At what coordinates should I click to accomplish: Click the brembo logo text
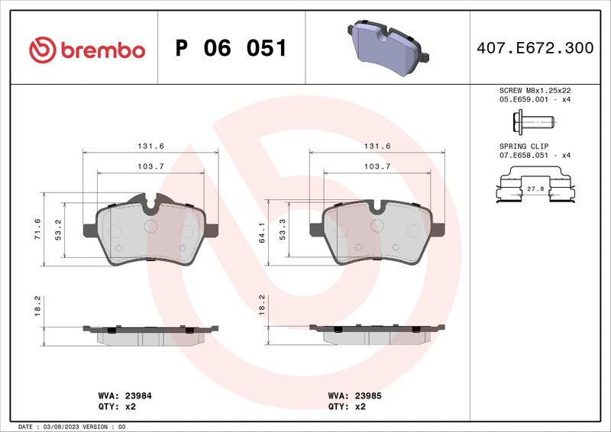pyautogui.click(x=86, y=50)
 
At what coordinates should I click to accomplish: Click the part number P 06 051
pyautogui.click(x=231, y=49)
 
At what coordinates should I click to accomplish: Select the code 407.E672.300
pyautogui.click(x=534, y=49)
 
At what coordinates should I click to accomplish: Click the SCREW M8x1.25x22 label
pyautogui.click(x=535, y=90)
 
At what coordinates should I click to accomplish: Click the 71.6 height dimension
pyautogui.click(x=37, y=229)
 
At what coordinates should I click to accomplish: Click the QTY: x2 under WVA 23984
pyautogui.click(x=118, y=407)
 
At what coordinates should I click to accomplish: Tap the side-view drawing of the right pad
pyautogui.click(x=377, y=334)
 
